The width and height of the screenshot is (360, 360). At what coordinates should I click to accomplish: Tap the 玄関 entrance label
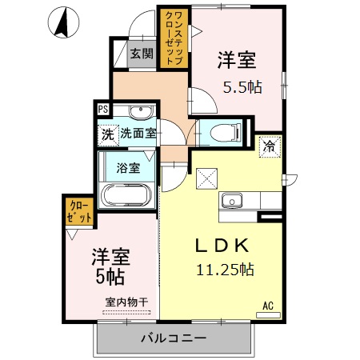click(x=142, y=54)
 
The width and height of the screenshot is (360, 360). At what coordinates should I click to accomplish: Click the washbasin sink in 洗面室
click(x=142, y=111)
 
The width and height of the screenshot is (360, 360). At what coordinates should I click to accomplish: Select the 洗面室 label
click(x=138, y=134)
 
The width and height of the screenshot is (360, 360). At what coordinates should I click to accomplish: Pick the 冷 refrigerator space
click(x=271, y=147)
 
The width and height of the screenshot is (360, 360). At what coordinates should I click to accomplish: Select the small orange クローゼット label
click(x=79, y=212)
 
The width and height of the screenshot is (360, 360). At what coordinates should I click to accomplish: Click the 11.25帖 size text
click(x=226, y=270)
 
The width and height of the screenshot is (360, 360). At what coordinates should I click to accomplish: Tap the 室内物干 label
click(x=126, y=302)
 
